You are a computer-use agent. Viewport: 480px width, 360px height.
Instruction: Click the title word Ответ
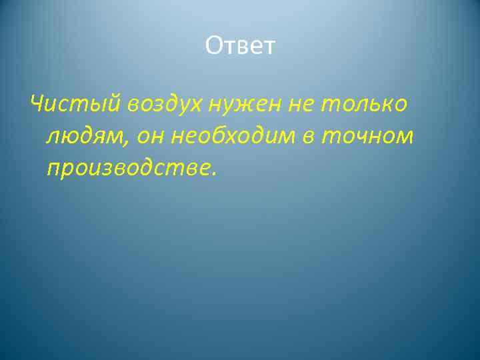(240, 47)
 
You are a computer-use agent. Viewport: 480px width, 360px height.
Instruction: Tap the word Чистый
(73, 103)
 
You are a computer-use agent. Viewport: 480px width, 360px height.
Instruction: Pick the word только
(366, 103)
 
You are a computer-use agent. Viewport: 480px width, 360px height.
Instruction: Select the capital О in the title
(214, 47)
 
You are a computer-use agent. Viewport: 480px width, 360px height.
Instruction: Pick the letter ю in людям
(71, 137)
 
